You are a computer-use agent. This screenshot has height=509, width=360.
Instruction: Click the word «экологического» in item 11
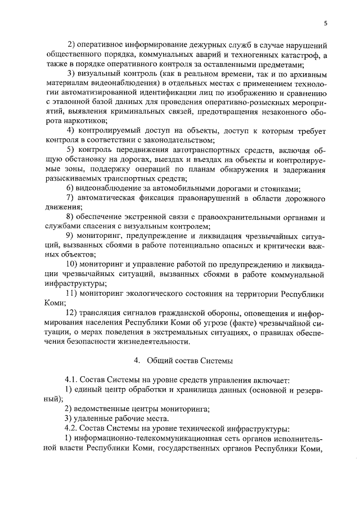[169, 293]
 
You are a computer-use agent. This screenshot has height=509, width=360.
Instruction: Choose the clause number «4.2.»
[74, 428]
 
